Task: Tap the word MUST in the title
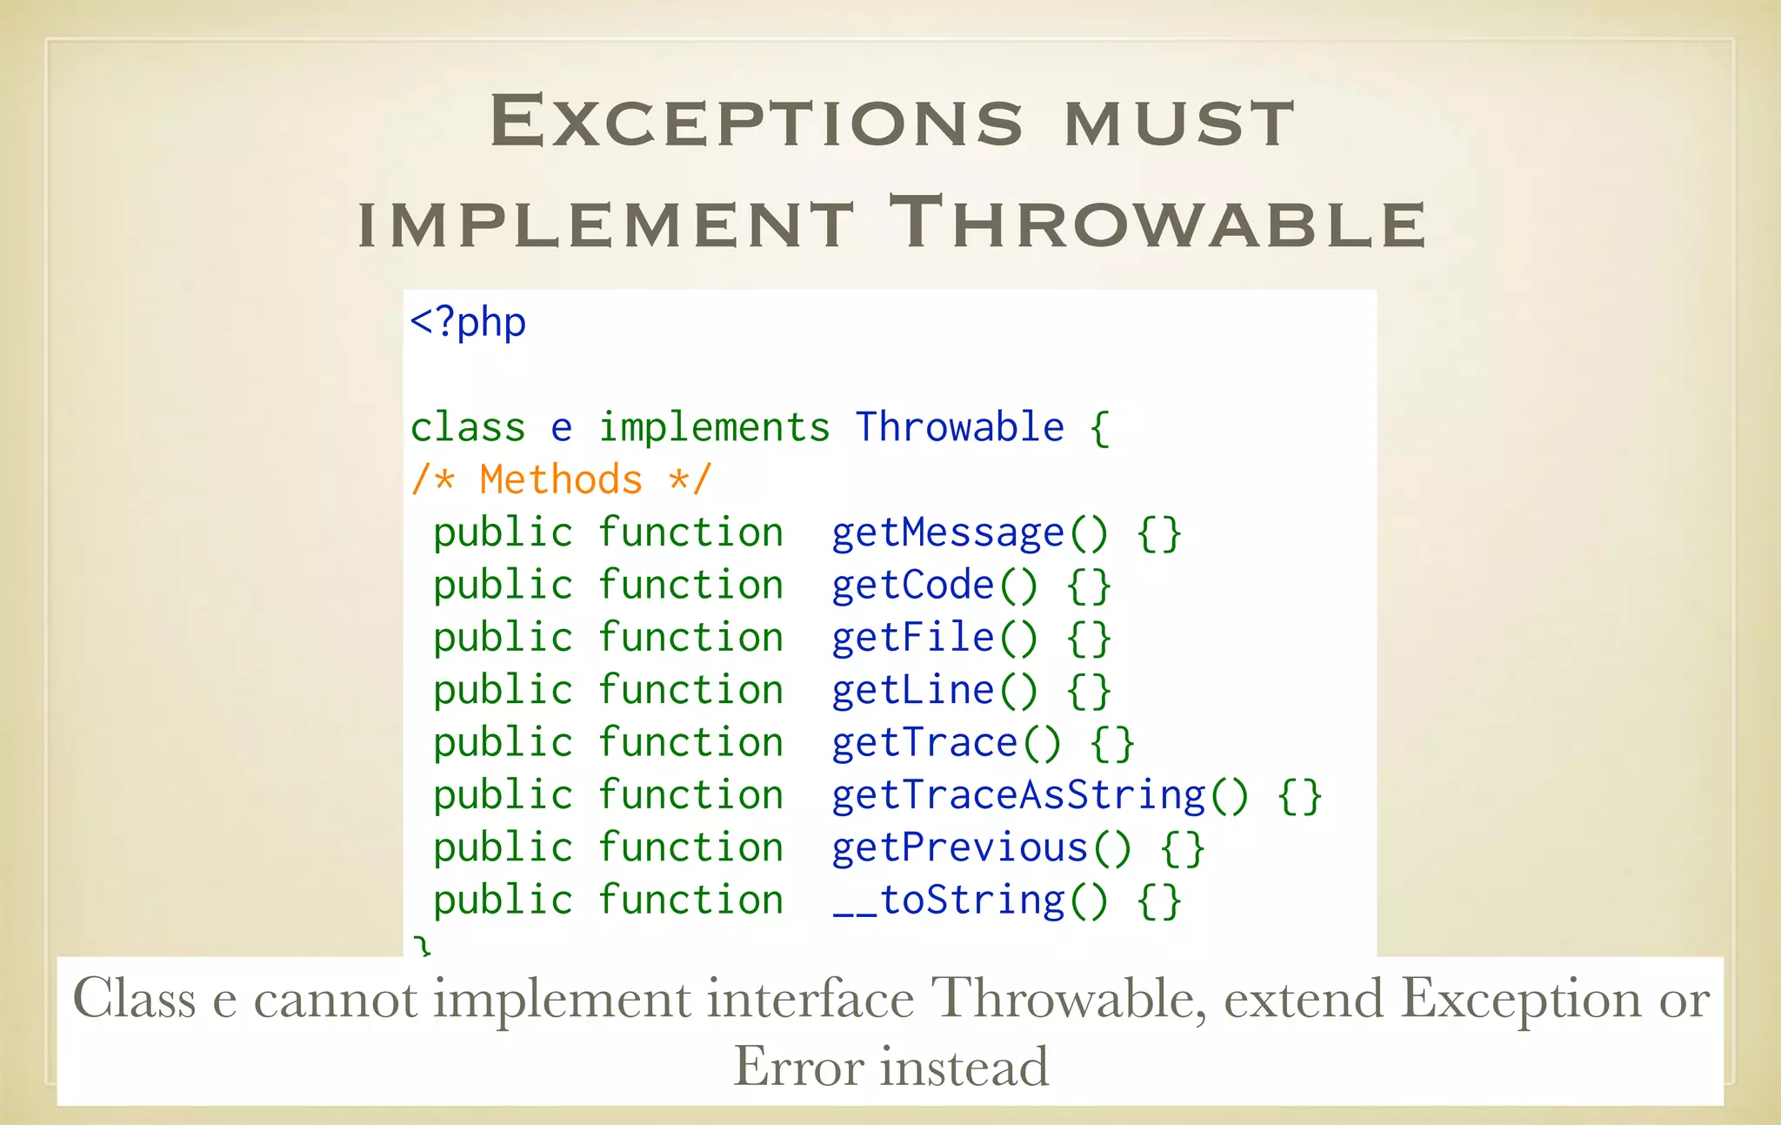tap(1180, 123)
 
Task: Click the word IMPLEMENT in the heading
tap(606, 224)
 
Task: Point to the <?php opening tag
tap(468, 322)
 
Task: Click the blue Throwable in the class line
tap(959, 427)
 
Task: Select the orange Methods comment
tap(561, 479)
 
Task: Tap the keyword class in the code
tap(468, 427)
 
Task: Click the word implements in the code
tap(714, 427)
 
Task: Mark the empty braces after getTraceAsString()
tap(1299, 796)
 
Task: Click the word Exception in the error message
tap(1520, 998)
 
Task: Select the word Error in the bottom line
tap(798, 1067)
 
